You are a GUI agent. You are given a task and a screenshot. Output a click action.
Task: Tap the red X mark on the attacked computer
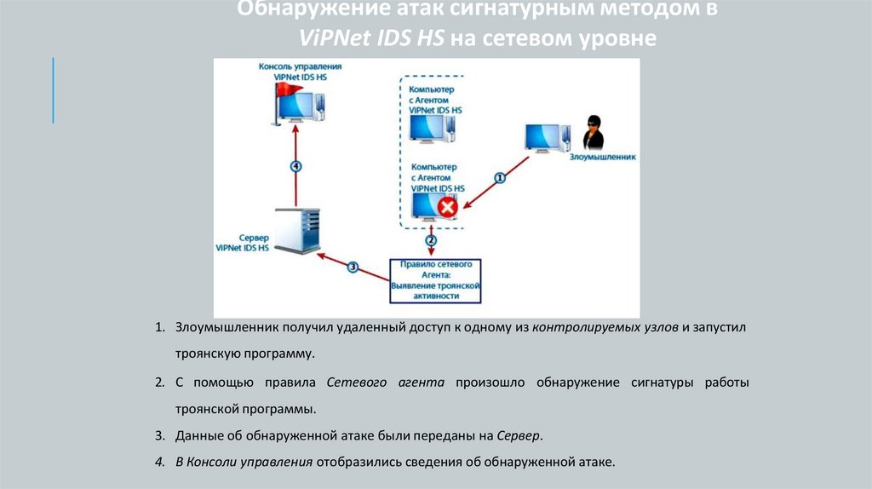coord(448,207)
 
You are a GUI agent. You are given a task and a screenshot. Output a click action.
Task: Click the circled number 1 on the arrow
coord(500,178)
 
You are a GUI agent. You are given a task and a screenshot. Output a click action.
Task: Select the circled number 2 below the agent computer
coord(432,241)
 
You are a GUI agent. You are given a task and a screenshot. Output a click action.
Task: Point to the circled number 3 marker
coord(353,267)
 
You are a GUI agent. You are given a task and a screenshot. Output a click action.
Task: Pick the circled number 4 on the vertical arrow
coord(295,166)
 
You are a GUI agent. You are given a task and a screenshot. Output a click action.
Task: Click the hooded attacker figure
coord(594,133)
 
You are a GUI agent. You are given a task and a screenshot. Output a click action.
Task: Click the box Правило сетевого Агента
coord(435,280)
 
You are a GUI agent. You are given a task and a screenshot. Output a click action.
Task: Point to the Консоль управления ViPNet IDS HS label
coord(301,71)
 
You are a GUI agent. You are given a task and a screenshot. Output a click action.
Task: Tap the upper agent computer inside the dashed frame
coord(431,128)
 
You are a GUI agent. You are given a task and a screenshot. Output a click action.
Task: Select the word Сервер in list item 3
coord(519,435)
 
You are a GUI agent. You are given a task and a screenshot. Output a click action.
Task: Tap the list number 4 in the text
coord(158,463)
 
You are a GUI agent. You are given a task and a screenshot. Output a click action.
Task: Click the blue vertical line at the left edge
coord(53,89)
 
